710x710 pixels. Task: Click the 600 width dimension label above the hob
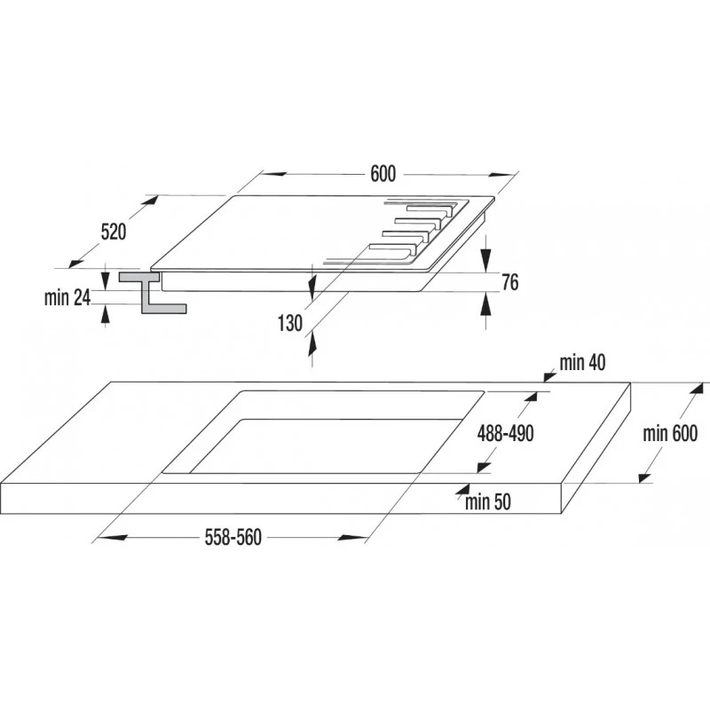(383, 174)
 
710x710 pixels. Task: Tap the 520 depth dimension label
(114, 232)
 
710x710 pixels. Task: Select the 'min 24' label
(67, 298)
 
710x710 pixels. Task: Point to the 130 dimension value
(290, 323)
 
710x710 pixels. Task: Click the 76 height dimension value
(509, 282)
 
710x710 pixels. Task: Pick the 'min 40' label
(582, 363)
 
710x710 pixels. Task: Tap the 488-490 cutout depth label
(505, 433)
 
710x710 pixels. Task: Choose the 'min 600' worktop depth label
(670, 433)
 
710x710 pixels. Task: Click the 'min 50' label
(487, 501)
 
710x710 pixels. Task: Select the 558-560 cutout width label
(233, 538)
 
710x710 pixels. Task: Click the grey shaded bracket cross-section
(152, 292)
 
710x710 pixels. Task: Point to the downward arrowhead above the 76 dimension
(485, 259)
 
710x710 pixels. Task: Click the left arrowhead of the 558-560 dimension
(112, 538)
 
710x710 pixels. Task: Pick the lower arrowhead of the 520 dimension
(75, 262)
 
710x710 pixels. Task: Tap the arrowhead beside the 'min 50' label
(462, 489)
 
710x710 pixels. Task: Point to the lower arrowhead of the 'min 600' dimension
(644, 477)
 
